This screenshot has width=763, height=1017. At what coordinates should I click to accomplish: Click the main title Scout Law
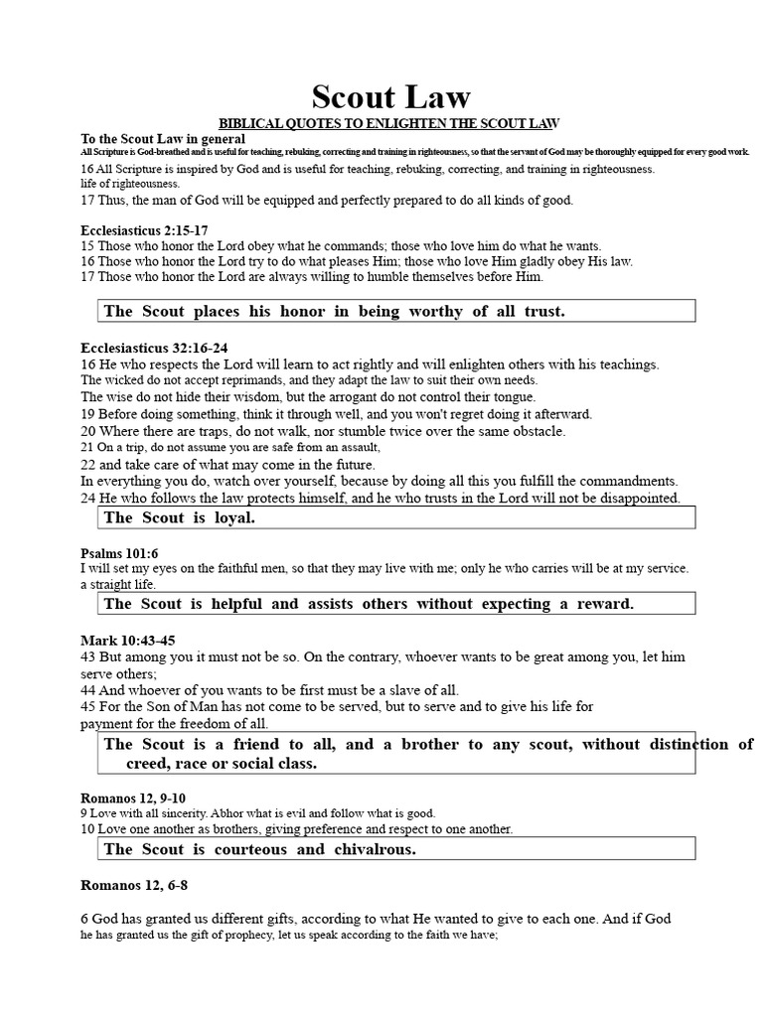pyautogui.click(x=390, y=96)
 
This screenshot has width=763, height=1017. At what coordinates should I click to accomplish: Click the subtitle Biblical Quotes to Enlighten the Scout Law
pyautogui.click(x=389, y=123)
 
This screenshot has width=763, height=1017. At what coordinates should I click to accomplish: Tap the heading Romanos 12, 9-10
pyautogui.click(x=132, y=798)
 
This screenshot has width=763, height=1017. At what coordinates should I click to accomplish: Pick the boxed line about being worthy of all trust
pyautogui.click(x=334, y=311)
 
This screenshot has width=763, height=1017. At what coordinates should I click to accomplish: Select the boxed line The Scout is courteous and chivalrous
pyautogui.click(x=259, y=849)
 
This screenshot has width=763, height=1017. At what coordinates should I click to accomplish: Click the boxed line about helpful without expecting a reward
pyautogui.click(x=368, y=603)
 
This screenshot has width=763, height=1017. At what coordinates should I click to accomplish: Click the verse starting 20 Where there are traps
pyautogui.click(x=323, y=431)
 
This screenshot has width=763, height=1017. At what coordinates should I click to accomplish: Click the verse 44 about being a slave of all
pyautogui.click(x=269, y=690)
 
